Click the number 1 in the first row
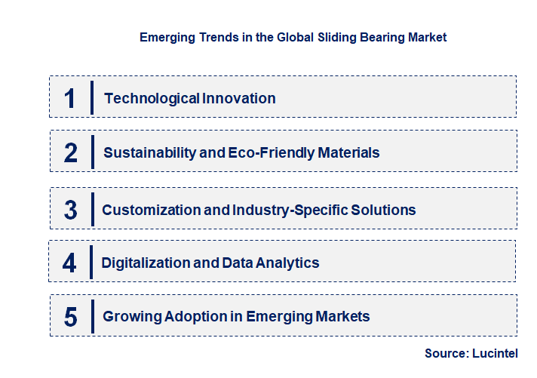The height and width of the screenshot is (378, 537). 69,98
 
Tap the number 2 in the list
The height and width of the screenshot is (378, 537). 71,152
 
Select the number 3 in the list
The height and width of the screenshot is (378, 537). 70,210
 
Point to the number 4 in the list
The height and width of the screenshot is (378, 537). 69,263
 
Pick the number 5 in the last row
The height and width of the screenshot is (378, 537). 70,316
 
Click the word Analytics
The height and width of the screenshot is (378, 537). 287,263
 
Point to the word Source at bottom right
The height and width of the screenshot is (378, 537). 447,353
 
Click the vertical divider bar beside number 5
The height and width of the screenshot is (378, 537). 91,315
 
